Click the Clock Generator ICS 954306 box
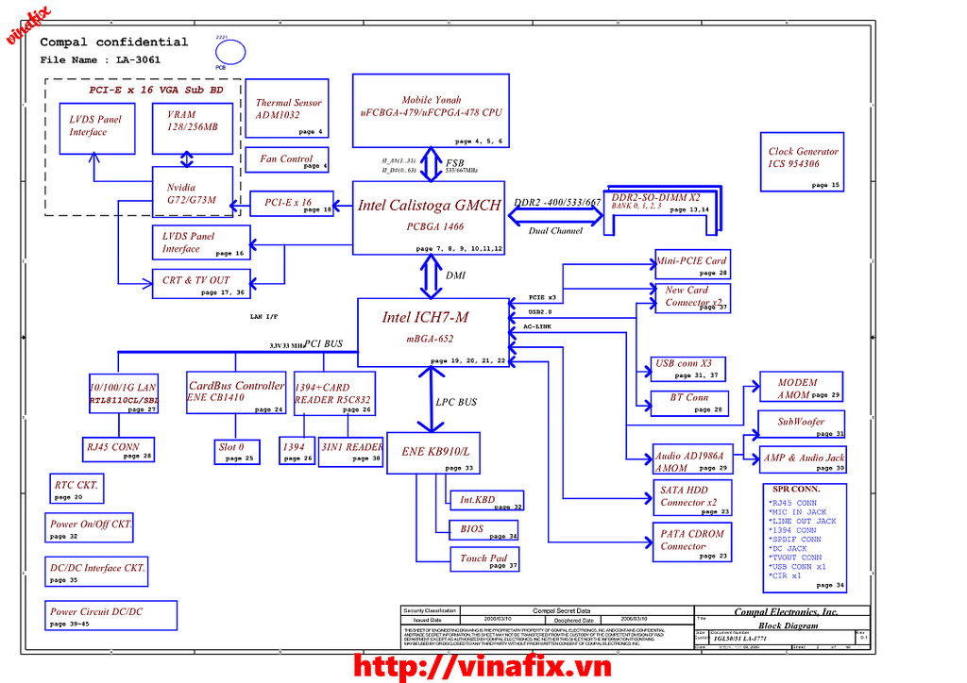coord(802,161)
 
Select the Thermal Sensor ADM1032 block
coord(287,116)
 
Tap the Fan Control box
coord(287,159)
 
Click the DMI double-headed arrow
coord(431,275)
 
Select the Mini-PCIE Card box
coord(692,264)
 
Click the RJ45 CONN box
coord(118,449)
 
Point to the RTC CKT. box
coord(76,489)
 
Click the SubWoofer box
coord(801,425)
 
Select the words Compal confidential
coord(113,42)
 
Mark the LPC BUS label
coord(456,403)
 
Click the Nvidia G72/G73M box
coord(193,192)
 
